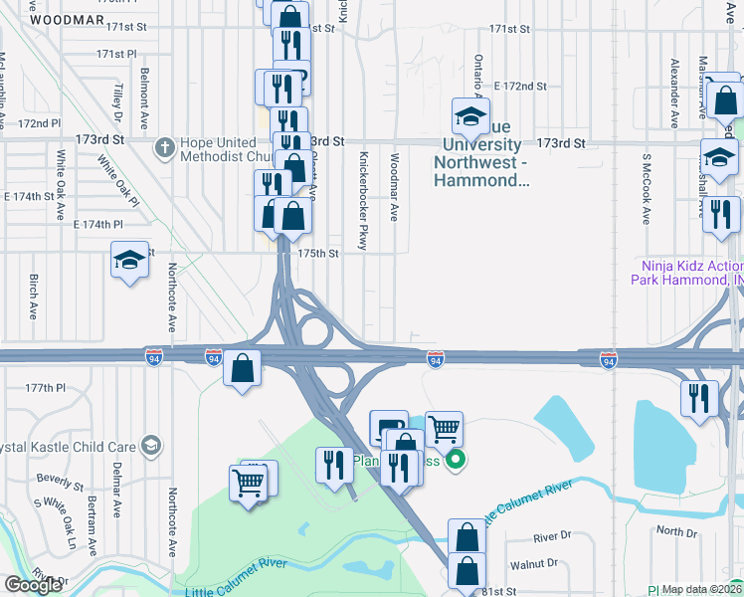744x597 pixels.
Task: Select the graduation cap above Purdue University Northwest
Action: [470, 116]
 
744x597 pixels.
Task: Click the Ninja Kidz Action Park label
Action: [686, 272]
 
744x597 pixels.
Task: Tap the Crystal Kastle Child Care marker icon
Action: [150, 444]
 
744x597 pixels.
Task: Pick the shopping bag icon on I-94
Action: [242, 368]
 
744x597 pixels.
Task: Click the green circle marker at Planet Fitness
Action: [456, 460]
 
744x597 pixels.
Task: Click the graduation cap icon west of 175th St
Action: [129, 260]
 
